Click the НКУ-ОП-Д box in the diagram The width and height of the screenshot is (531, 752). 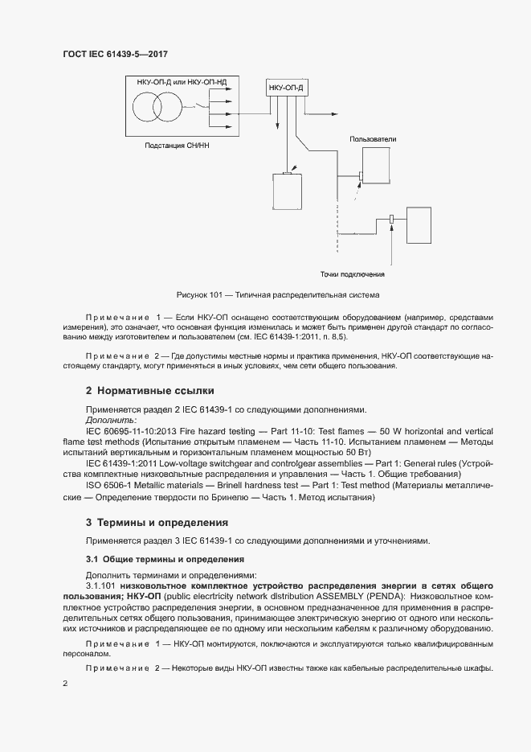pos(286,87)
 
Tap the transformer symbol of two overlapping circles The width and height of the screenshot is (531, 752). pos(157,107)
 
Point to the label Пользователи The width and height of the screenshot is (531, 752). pos(372,139)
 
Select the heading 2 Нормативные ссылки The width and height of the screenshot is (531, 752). pos(149,391)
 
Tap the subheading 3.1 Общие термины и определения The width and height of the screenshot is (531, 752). pos(165,558)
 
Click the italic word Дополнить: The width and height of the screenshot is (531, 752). pos(111,420)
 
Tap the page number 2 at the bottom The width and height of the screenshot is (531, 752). pos(65,683)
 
